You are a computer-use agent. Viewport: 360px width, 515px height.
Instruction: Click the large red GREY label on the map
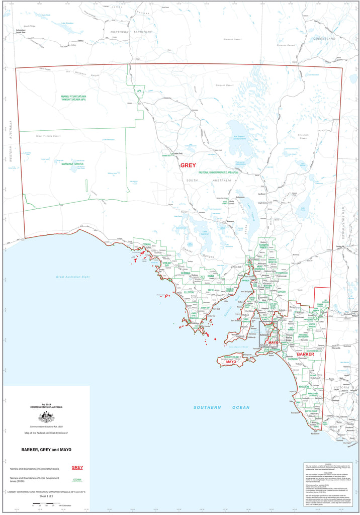tap(188, 165)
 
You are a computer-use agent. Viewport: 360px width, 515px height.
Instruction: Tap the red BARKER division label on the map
tap(305, 355)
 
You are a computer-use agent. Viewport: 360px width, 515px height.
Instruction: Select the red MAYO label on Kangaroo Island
tap(231, 362)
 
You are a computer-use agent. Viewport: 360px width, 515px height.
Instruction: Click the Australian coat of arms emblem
tap(47, 417)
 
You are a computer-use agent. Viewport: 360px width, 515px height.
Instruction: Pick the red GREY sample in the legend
tap(77, 468)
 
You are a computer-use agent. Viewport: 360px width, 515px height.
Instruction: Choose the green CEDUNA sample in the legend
tap(77, 480)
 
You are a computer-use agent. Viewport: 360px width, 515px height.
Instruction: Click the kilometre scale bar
tap(46, 505)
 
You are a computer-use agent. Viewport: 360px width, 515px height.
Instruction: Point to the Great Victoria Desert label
tap(48, 136)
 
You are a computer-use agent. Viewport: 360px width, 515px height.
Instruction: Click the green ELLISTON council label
tap(189, 292)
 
